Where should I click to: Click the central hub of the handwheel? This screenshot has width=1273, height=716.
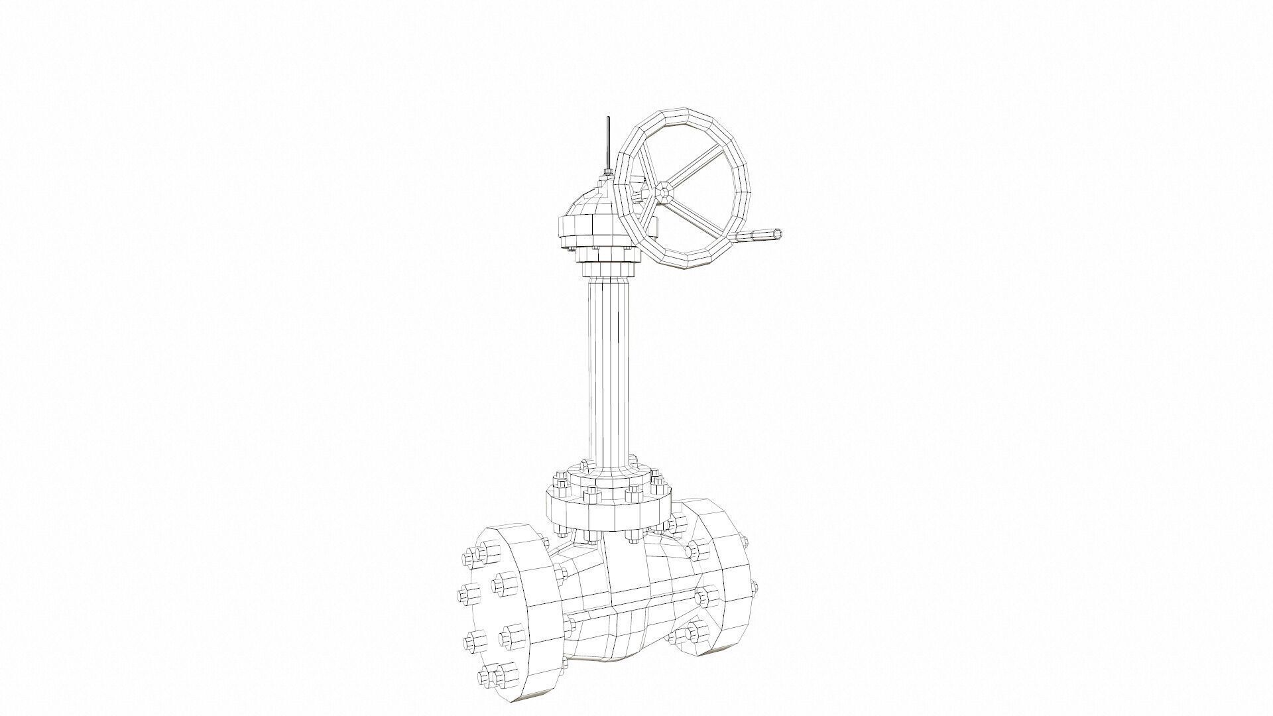(664, 192)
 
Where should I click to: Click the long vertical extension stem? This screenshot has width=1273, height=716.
(608, 371)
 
